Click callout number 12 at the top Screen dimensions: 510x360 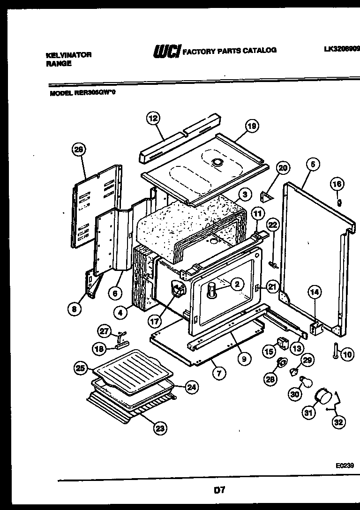[x=153, y=119]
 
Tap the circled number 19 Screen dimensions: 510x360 [x=251, y=126]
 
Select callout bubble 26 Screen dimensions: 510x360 [x=79, y=150]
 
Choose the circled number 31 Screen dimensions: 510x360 [x=307, y=412]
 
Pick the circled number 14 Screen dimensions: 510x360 [x=315, y=292]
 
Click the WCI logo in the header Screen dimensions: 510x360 [x=166, y=51]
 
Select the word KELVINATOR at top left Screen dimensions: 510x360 [x=68, y=55]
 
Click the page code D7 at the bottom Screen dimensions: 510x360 [x=220, y=490]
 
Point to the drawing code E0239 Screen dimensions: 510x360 [x=345, y=466]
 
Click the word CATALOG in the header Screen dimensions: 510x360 [x=258, y=50]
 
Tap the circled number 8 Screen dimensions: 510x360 [x=73, y=309]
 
